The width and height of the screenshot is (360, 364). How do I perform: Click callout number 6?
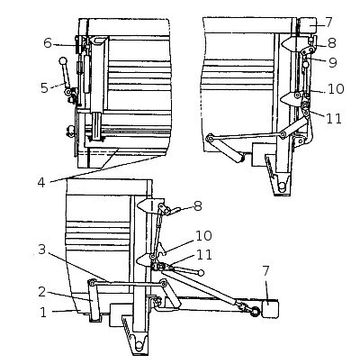[48, 43]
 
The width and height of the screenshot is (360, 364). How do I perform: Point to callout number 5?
[44, 87]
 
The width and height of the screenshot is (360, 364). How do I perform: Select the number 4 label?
[41, 182]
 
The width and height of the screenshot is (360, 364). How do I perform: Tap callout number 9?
[333, 62]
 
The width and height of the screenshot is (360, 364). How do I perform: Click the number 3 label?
[42, 250]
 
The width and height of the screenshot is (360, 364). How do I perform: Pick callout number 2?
[42, 292]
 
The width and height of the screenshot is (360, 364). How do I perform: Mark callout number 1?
[43, 313]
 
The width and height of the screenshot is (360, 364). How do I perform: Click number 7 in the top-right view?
[328, 22]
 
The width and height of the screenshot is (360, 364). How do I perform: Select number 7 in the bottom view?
[266, 270]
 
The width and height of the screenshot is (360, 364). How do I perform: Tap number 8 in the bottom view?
[198, 206]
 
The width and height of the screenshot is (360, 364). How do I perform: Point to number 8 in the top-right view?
[332, 43]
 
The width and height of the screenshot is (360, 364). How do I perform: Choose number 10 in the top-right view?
[336, 88]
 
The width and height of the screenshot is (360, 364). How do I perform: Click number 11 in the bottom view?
[204, 255]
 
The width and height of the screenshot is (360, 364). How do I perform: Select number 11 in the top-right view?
[334, 119]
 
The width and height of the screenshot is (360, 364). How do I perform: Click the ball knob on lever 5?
[63, 61]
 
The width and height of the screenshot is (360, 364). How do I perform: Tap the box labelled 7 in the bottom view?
[271, 309]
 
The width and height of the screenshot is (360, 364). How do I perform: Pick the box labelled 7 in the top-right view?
[308, 25]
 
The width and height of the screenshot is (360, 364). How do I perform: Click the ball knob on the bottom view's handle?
[201, 273]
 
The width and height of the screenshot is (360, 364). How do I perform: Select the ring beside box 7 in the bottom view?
[255, 312]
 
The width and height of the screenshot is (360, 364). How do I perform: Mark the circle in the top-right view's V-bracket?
[282, 187]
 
